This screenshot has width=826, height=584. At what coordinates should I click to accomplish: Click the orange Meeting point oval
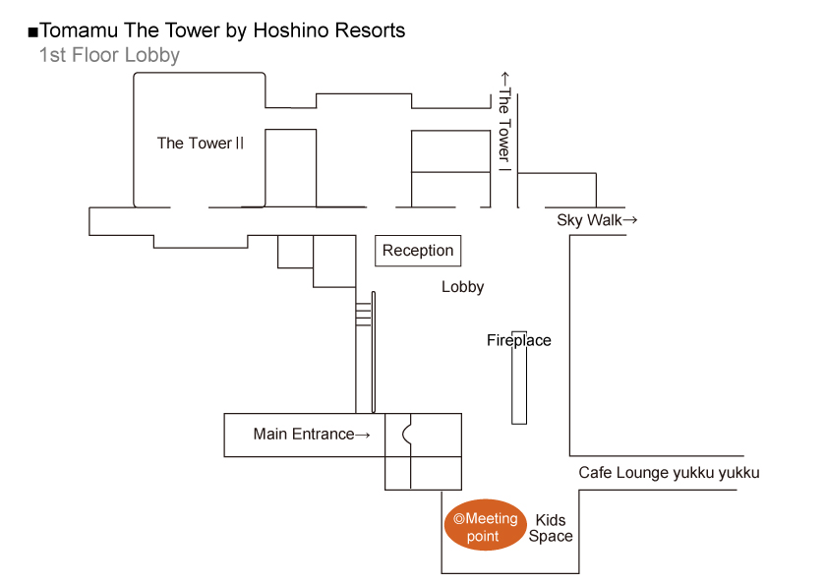485,525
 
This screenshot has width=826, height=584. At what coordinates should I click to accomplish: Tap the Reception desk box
418,251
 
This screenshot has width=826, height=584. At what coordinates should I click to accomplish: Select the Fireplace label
519,341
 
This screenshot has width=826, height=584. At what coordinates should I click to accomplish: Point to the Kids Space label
551,528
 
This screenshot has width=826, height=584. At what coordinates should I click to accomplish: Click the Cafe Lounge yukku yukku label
669,473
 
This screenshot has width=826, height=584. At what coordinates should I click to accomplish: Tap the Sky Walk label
589,220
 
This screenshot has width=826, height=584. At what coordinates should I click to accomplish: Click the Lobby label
462,287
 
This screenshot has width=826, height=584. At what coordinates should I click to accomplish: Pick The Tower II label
201,144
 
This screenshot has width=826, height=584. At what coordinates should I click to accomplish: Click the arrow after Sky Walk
631,220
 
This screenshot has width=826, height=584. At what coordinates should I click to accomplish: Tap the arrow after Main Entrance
363,434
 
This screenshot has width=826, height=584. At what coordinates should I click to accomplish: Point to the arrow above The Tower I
504,78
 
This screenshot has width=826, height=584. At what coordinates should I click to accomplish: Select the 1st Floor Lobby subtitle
109,55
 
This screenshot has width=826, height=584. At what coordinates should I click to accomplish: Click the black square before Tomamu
32,31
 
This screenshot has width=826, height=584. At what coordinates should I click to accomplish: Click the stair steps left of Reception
363,313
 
